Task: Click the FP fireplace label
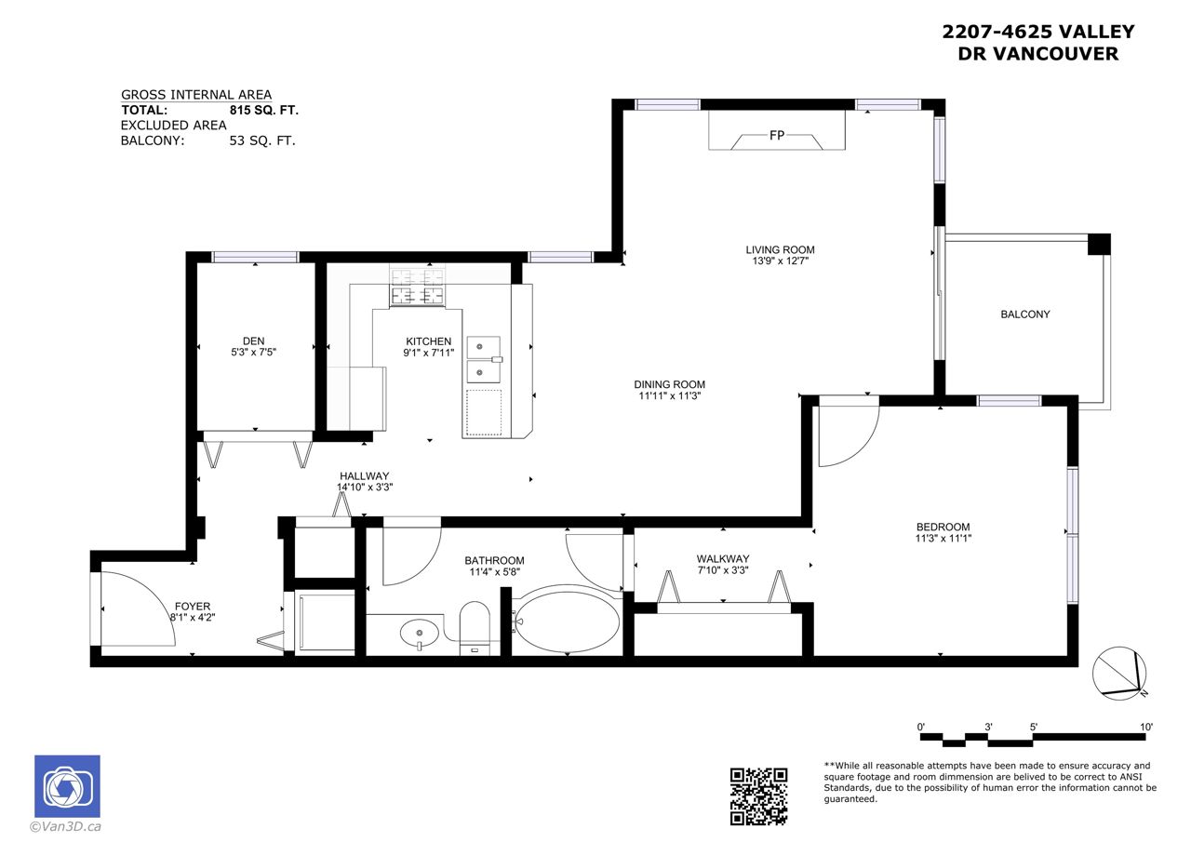pos(777,136)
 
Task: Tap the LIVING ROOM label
pos(780,249)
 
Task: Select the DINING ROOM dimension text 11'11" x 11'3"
pos(669,395)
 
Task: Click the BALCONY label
pos(1025,314)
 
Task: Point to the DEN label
pos(254,341)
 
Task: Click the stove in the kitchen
pos(418,287)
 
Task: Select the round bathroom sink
pos(419,633)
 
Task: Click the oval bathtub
pos(568,620)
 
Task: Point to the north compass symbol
pos(1119,673)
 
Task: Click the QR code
pos(758,796)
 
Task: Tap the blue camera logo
pos(68,786)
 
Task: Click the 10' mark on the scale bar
pos(1145,727)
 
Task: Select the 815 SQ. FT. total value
pos(263,110)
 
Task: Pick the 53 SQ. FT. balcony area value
pos(262,140)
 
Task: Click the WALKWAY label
pos(723,558)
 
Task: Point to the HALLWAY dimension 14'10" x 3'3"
pos(365,487)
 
